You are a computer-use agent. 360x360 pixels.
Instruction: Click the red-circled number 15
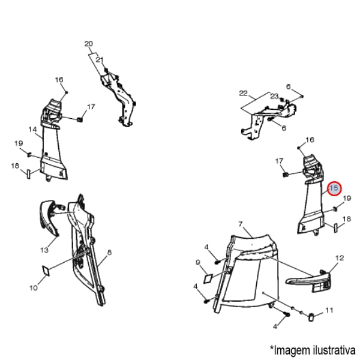[334, 188]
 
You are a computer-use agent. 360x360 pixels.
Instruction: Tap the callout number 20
[89, 44]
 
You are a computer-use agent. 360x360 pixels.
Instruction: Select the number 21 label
[100, 60]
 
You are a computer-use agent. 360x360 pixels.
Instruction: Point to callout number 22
[244, 93]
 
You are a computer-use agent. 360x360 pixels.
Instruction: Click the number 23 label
[274, 96]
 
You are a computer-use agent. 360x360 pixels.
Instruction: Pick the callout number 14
[33, 130]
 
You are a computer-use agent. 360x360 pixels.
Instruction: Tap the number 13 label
[44, 250]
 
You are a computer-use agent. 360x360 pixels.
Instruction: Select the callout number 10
[34, 287]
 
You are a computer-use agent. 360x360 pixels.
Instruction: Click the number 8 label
[109, 253]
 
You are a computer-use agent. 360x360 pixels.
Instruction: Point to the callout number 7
[241, 224]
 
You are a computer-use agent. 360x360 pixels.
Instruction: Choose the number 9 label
[198, 262]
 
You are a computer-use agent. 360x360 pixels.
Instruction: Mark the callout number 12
[340, 258]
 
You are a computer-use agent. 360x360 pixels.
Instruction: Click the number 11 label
[329, 310]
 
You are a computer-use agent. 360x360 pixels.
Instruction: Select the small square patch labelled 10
[46, 271]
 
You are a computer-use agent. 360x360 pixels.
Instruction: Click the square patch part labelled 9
[208, 278]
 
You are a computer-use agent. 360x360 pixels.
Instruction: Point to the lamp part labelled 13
[49, 217]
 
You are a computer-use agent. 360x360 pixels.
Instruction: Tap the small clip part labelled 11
[311, 317]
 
